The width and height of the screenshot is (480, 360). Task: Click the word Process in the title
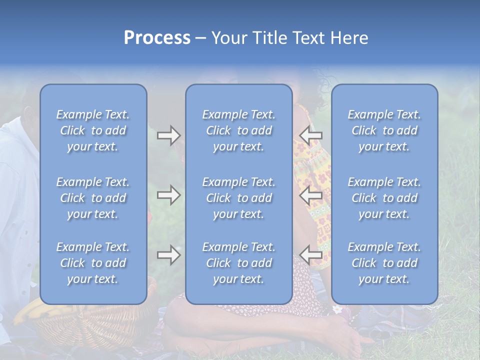tap(157, 38)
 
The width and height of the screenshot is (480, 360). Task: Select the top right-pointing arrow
tap(168, 135)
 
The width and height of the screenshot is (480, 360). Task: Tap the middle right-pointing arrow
tap(168, 195)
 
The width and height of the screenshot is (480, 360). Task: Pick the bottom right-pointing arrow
tap(168, 255)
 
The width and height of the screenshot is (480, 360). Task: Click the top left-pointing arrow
tap(311, 135)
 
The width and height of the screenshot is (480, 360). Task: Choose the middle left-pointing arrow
tap(311, 195)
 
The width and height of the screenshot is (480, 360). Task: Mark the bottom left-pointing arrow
tap(311, 255)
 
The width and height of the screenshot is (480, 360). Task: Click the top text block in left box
tap(93, 130)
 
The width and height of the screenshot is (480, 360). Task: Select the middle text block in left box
tap(93, 198)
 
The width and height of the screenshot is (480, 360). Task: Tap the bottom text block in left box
tap(93, 263)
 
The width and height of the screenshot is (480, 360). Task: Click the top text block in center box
tap(238, 130)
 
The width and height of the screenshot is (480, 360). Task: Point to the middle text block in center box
tap(238, 198)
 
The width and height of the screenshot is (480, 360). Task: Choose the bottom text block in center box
tap(238, 263)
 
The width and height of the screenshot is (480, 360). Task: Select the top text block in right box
tap(384, 130)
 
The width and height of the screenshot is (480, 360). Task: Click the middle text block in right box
tap(384, 198)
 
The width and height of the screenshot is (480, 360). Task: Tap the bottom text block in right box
tap(384, 263)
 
